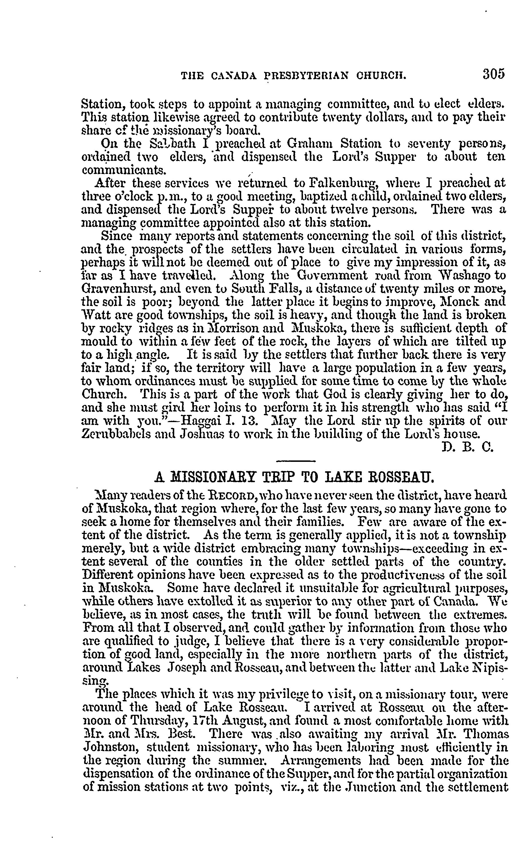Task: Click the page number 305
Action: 493,74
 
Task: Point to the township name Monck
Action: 455,302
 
